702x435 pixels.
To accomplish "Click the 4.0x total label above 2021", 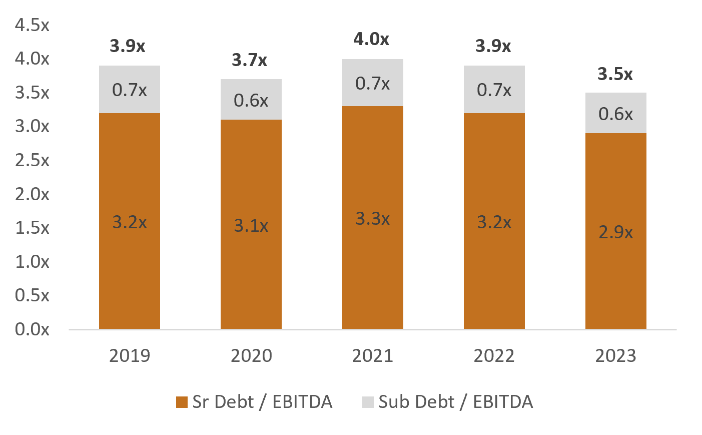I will coord(371,39).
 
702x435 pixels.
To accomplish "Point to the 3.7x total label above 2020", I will coord(249,60).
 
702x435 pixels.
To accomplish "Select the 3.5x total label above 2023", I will coord(615,74).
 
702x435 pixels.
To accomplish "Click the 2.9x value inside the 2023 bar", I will coord(615,232).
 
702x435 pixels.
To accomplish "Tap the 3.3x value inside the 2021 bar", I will coord(372,219).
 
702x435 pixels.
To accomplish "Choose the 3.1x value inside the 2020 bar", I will coord(251,226).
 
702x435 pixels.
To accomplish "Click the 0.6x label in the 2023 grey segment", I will coord(615,114).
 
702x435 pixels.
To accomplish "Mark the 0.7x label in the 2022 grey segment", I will coord(494,90).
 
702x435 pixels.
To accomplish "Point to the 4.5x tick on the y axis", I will coord(32,25).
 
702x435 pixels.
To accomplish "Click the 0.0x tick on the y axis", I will coord(32,329).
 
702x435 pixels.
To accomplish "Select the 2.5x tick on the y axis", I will coord(32,160).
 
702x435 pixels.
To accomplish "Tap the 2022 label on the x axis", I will coord(494,355).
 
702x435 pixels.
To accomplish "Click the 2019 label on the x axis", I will coord(129,355).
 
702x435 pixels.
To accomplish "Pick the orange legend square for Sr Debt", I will coord(182,402).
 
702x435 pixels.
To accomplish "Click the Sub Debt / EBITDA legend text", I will coord(455,402).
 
